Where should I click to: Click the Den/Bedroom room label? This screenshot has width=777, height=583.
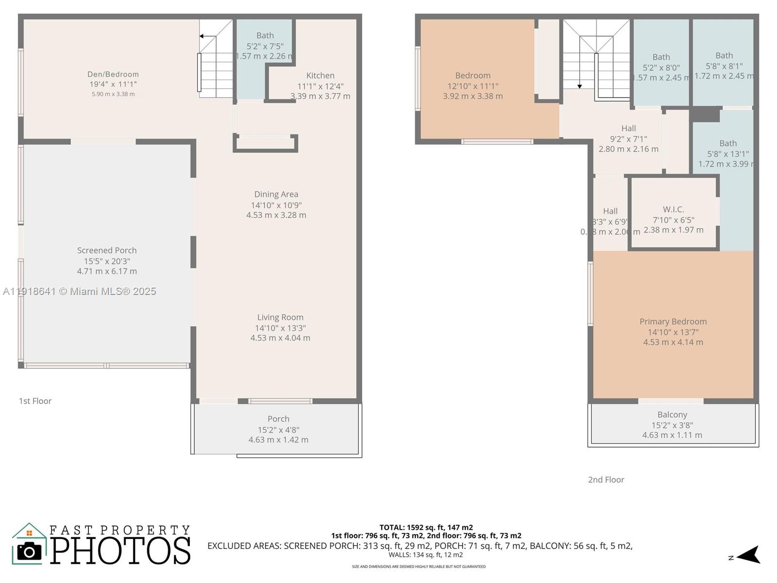(113, 74)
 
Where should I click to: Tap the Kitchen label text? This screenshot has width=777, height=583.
(320, 75)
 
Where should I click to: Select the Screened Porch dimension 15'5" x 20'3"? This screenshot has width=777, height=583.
(107, 261)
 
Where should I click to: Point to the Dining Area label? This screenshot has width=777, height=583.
(276, 194)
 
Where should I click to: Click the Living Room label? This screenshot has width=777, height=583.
(280, 317)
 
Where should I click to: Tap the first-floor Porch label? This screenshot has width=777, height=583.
(278, 419)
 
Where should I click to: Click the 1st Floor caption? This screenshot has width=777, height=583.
(35, 401)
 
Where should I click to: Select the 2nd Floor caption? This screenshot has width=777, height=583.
(606, 480)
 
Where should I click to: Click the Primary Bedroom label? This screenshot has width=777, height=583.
(673, 322)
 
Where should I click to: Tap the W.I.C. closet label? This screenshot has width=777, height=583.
(673, 209)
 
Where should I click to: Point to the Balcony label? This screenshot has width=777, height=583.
(672, 414)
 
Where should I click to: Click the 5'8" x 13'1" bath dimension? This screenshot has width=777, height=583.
(727, 154)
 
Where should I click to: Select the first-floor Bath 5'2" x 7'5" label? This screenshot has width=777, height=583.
(265, 35)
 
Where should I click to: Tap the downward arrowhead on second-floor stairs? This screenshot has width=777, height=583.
(579, 86)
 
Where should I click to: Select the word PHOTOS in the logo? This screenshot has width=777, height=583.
(120, 550)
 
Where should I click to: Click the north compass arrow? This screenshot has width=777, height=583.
(749, 555)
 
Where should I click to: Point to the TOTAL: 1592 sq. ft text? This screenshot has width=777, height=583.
(426, 527)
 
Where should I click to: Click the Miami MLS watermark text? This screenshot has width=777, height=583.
(79, 291)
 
